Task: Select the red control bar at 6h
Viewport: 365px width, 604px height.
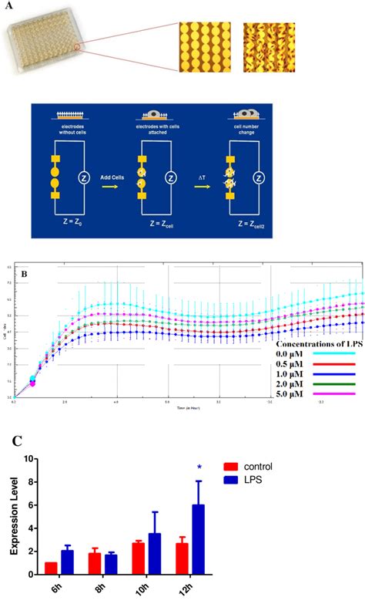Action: click(52, 569)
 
